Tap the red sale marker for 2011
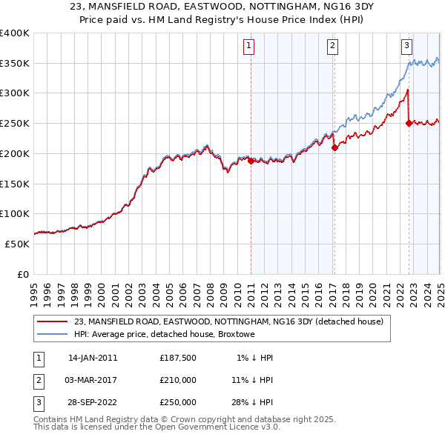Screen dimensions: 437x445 (x=251, y=160)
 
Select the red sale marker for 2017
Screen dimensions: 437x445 (x=334, y=147)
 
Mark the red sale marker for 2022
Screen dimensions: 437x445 (x=409, y=124)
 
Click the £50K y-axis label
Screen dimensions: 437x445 (x=17, y=244)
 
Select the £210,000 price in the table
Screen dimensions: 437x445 (x=178, y=380)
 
